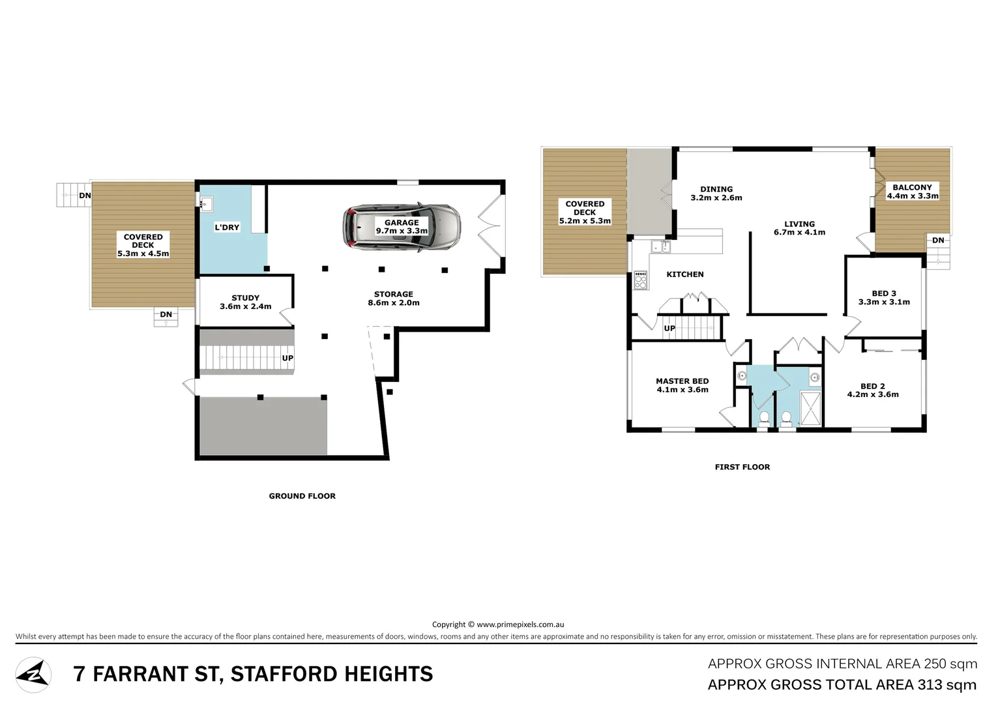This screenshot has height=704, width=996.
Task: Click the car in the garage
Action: click(x=402, y=227)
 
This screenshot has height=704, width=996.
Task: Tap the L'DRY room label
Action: click(x=227, y=227)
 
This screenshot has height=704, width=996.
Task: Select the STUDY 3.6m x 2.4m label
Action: click(x=245, y=302)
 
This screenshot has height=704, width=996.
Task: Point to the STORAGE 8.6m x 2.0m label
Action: click(x=393, y=299)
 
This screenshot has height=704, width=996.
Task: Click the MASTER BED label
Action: click(x=682, y=385)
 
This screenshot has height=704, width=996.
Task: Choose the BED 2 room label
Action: click(x=872, y=390)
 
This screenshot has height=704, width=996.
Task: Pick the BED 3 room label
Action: click(x=883, y=298)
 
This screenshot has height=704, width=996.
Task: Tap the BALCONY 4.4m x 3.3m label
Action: click(x=912, y=192)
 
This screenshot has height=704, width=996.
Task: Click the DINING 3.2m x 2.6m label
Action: click(x=716, y=194)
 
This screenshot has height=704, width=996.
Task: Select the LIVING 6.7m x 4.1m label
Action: click(x=799, y=228)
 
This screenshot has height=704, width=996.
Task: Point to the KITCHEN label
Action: click(x=684, y=274)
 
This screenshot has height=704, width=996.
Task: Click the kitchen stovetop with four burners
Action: click(x=641, y=280)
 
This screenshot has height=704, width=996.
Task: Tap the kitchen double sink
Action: click(x=660, y=246)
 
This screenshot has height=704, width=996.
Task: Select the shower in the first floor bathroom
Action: click(x=810, y=408)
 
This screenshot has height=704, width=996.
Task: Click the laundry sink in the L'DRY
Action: click(x=206, y=204)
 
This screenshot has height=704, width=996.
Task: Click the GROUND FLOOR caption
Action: click(x=302, y=496)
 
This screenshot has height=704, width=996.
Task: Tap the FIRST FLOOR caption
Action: click(x=742, y=467)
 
